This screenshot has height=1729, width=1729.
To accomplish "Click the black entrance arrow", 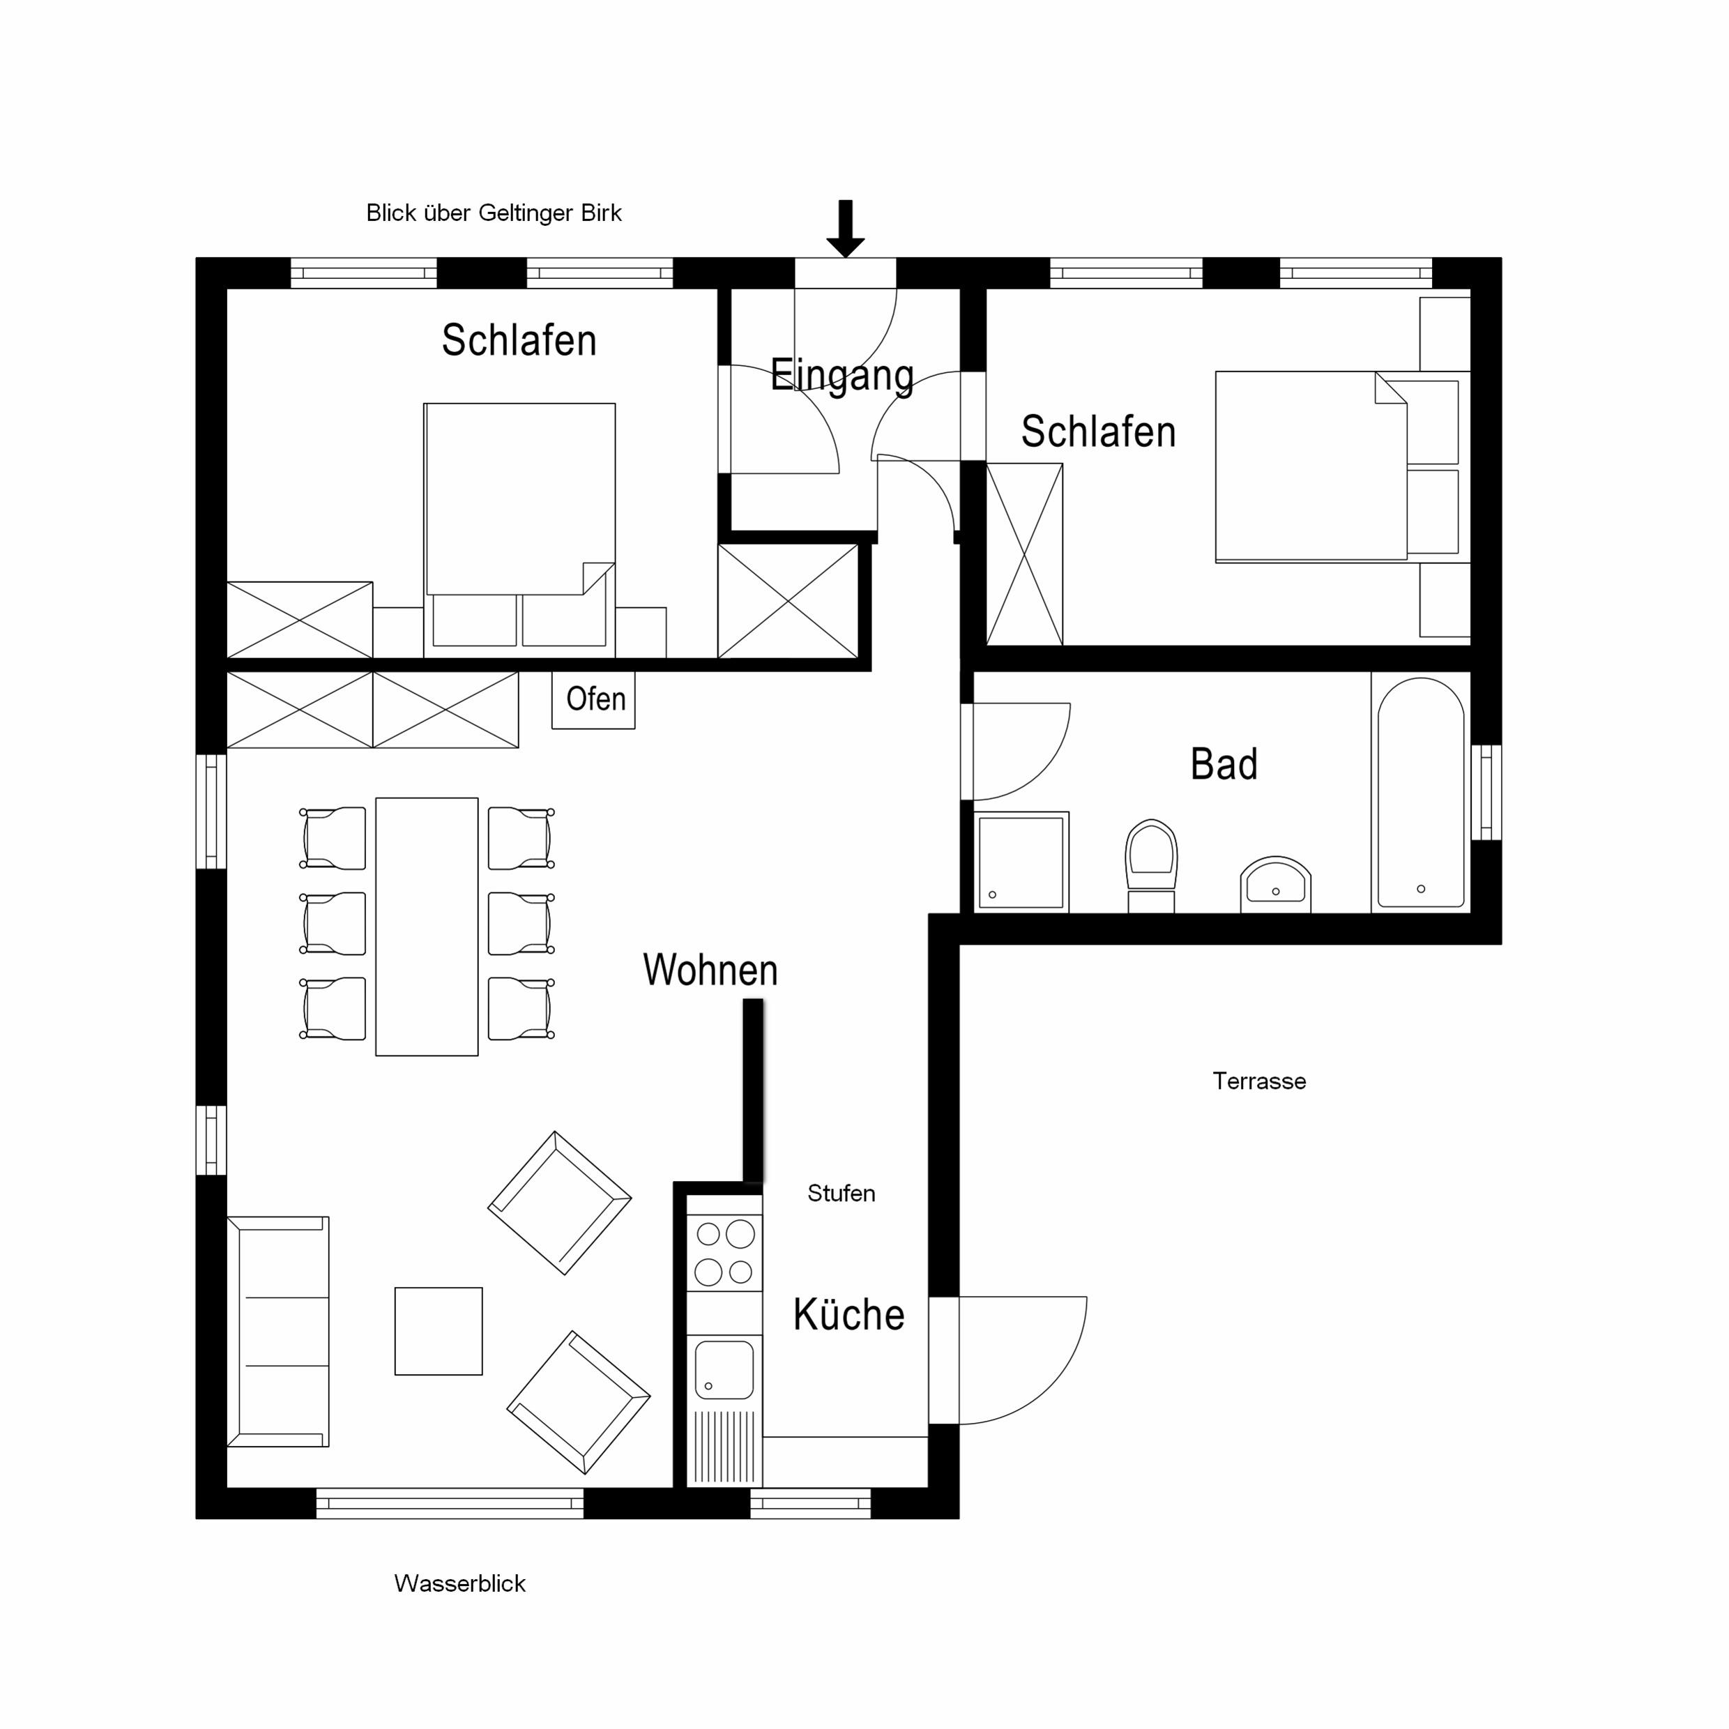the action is [845, 228].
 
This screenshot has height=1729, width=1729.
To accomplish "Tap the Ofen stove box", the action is [593, 700].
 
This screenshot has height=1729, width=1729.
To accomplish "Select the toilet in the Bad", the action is [1151, 865].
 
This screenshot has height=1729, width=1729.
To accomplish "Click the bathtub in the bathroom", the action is [1420, 792].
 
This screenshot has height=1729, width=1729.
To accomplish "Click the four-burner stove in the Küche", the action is [724, 1252].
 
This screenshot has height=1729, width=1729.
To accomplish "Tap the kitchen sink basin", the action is [724, 1369].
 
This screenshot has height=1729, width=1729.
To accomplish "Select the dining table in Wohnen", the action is [427, 927].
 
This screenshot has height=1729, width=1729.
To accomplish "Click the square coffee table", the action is [439, 1331].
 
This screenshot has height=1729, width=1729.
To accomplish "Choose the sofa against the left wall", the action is [278, 1331].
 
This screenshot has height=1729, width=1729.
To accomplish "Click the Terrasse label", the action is [1259, 1081].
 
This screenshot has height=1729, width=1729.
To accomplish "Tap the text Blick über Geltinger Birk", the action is [494, 213].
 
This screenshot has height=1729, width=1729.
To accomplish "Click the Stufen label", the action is [841, 1193].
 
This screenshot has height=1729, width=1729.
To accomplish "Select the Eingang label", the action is [842, 376].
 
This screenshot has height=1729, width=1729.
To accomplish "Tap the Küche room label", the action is [848, 1315].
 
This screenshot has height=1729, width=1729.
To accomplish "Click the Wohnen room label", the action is [710, 970].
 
